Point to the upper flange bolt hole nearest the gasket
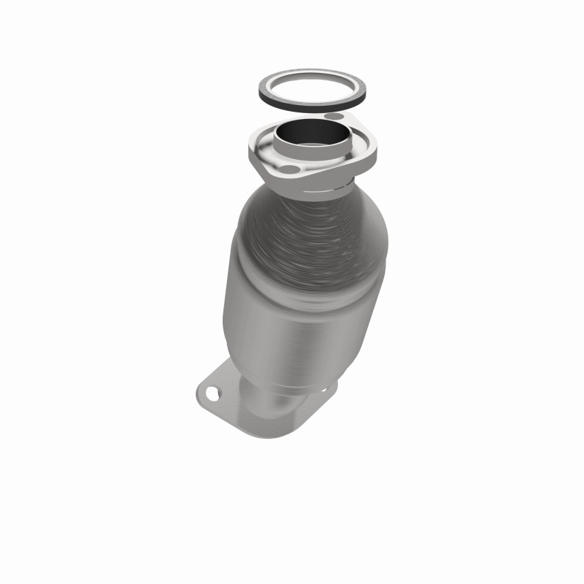click(334, 117)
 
